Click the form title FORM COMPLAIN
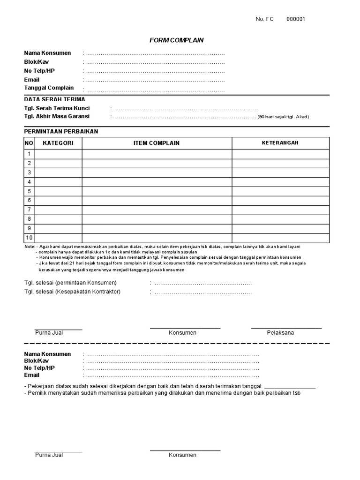pos(176,40)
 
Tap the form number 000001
pos(296,19)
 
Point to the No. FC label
pos(264,19)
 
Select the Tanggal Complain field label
pos(49,88)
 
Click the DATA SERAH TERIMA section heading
pos(54,99)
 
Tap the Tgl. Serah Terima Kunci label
pos(57,108)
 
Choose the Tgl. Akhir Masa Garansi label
pos(57,116)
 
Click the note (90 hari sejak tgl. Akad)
pos(283,117)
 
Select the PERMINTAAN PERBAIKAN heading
pos(61,131)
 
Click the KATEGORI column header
pos(58,143)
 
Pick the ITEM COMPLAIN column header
pos(157,143)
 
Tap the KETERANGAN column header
pos(280,143)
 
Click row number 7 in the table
pos(29,210)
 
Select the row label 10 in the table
pos(29,238)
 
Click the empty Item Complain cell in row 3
pos(157,172)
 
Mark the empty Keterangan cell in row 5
pos(280,191)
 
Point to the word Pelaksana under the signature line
pos(280,333)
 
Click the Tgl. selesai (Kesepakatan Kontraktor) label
pos(72,292)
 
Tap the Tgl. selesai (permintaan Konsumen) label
pos(70,283)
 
